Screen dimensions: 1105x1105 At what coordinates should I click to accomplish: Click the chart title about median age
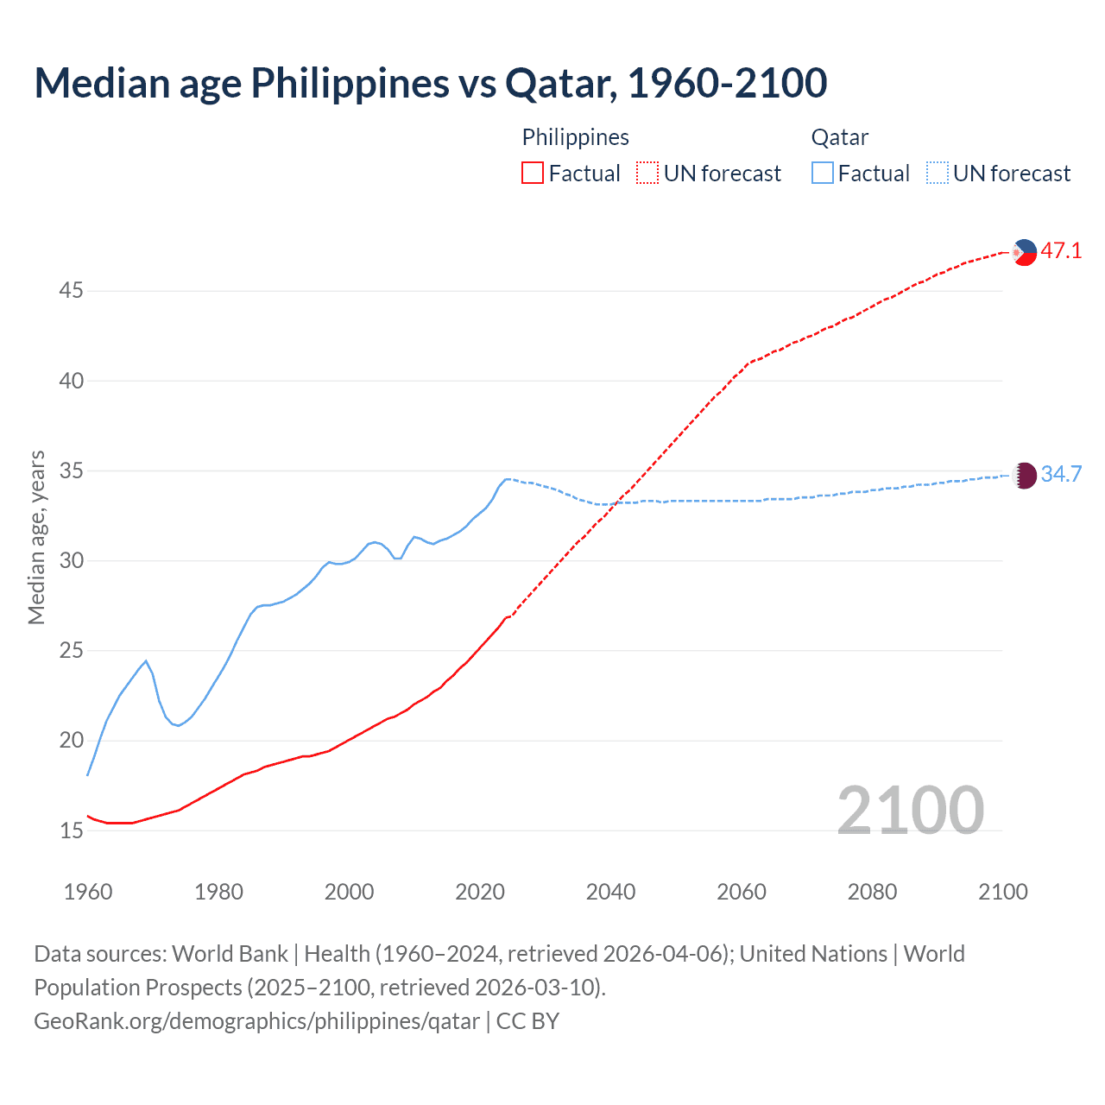click(x=430, y=83)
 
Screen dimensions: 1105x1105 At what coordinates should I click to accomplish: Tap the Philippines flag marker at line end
click(x=1024, y=252)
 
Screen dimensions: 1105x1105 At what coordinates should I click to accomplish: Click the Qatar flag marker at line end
click(x=1024, y=475)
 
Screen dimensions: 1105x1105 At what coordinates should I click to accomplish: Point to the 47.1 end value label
click(x=1061, y=251)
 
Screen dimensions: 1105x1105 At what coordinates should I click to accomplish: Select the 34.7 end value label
click(x=1061, y=474)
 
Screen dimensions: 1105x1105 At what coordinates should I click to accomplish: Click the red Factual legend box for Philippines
click(x=533, y=174)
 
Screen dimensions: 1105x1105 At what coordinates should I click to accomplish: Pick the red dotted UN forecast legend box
click(x=647, y=174)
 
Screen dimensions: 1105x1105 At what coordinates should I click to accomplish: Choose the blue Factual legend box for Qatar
click(x=823, y=174)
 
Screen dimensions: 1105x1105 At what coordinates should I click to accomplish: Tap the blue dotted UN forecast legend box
click(x=937, y=174)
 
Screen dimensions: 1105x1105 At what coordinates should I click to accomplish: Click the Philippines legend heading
click(x=575, y=137)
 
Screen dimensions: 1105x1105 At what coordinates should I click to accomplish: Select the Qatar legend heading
click(x=839, y=137)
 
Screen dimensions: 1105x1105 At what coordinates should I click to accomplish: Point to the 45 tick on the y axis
click(x=71, y=291)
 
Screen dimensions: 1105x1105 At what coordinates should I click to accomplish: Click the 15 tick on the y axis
click(x=71, y=830)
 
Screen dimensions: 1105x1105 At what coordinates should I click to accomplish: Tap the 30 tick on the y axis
click(x=71, y=561)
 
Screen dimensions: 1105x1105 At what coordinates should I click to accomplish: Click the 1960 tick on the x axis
click(x=88, y=892)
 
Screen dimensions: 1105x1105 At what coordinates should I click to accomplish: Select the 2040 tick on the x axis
click(x=610, y=892)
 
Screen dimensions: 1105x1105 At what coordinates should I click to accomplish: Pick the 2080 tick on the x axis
click(x=872, y=892)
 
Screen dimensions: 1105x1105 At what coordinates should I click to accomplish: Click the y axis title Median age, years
click(x=36, y=537)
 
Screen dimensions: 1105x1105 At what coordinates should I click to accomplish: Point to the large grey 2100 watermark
click(x=910, y=810)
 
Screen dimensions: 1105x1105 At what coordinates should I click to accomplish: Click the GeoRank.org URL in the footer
click(x=256, y=1021)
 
